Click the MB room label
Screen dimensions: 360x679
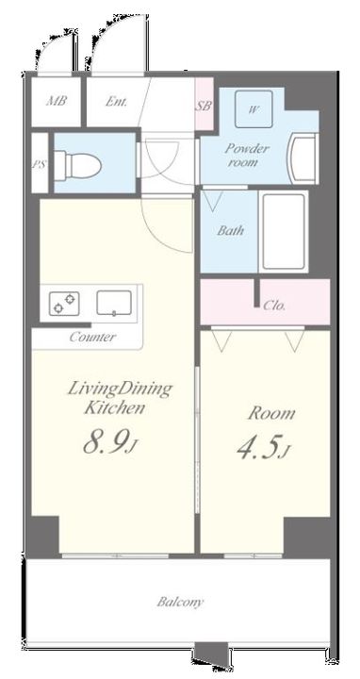57,102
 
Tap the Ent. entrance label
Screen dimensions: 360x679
117,102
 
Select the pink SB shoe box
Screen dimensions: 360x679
205,104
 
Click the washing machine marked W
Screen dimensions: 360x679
254,109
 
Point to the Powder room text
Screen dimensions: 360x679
247,156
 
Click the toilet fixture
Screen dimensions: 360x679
78,164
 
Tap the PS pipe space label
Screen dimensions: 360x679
39,164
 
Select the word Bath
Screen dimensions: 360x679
230,230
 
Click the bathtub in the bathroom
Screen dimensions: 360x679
284,232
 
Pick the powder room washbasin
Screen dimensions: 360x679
304,158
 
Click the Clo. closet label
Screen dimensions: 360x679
274,306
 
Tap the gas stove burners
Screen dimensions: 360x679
64,303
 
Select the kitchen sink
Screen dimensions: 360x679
114,303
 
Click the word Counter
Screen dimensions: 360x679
92,337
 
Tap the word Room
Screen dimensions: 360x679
271,413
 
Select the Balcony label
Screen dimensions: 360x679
180,602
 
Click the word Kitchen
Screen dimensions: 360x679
114,408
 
